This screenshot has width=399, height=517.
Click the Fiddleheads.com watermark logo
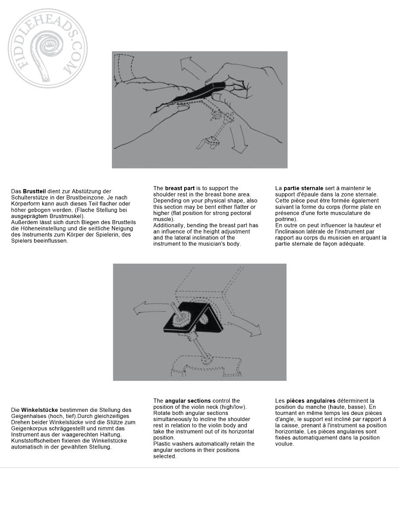click(47, 48)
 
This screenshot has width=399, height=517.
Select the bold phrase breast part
click(180, 188)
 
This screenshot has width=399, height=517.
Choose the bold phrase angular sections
click(188, 401)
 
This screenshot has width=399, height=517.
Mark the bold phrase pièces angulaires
click(311, 401)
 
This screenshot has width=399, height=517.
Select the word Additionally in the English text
click(169, 225)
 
